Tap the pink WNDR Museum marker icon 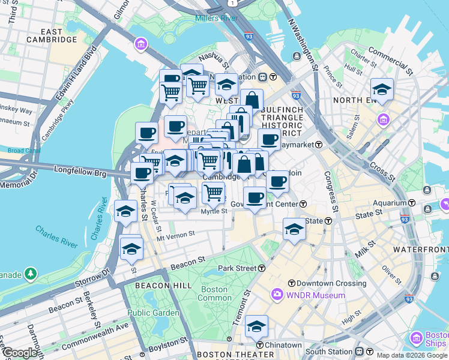point(277,295)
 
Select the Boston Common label point(214,293)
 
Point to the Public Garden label point(153,313)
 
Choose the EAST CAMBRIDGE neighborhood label point(52,35)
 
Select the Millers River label point(217,18)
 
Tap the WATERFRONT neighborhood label point(421,249)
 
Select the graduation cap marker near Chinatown point(256,326)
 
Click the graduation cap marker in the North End point(382,89)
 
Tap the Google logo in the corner point(20,353)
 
